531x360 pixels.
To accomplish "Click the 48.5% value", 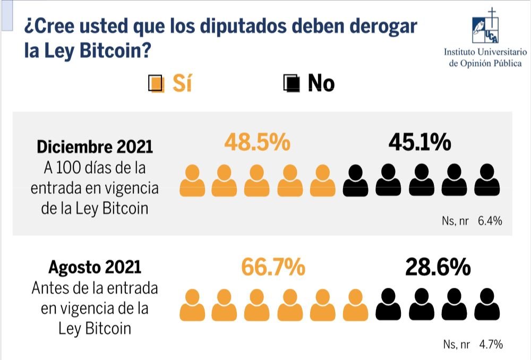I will [x=257, y=142].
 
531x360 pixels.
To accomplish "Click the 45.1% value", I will [x=419, y=142].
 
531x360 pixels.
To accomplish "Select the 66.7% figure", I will [x=273, y=267].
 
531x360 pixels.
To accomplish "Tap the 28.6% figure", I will [x=438, y=267].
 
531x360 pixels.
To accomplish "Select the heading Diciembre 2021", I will [x=95, y=147].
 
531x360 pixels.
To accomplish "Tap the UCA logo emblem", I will [x=486, y=27].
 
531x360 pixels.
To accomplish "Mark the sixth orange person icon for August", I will [x=355, y=304].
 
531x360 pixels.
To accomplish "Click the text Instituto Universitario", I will [x=485, y=52].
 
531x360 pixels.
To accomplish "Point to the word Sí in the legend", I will [x=182, y=83].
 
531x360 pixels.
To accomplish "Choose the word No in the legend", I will [x=321, y=83].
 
